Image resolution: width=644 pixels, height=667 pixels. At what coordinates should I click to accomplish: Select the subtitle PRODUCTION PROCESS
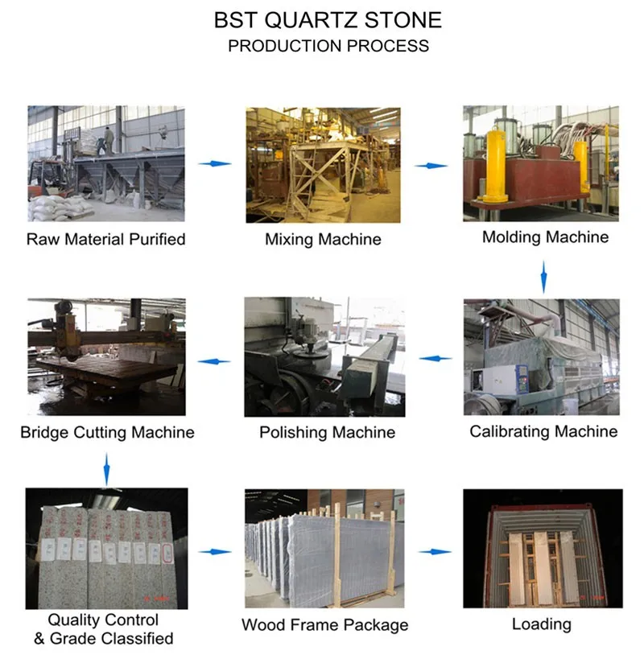pyautogui.click(x=328, y=45)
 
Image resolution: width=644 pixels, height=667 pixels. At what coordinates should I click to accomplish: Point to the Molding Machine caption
pyautogui.click(x=545, y=237)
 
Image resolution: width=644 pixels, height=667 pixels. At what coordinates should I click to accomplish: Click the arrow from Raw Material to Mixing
pyautogui.click(x=215, y=163)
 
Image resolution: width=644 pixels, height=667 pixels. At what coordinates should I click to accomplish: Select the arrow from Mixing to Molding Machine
pyautogui.click(x=431, y=165)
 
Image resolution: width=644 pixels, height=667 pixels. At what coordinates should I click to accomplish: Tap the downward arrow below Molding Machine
pyautogui.click(x=543, y=276)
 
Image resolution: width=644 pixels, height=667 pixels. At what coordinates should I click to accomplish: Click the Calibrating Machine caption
pyautogui.click(x=543, y=431)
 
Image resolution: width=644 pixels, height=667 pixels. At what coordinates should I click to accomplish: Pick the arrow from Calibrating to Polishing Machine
pyautogui.click(x=435, y=358)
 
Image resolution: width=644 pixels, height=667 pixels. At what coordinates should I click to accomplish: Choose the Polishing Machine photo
pyautogui.click(x=323, y=356)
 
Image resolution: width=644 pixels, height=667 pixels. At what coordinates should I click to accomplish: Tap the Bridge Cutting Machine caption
pyautogui.click(x=107, y=432)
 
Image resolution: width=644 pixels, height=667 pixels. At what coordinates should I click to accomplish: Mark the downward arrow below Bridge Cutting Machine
pyautogui.click(x=106, y=468)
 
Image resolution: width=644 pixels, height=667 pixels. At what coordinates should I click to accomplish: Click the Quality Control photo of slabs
pyautogui.click(x=107, y=549)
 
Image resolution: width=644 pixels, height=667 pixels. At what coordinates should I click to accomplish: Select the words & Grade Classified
pyautogui.click(x=103, y=638)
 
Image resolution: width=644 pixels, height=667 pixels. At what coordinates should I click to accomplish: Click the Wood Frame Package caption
pyautogui.click(x=324, y=624)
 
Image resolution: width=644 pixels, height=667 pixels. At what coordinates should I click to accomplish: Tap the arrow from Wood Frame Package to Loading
pyautogui.click(x=435, y=552)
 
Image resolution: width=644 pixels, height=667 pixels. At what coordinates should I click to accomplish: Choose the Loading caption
pyautogui.click(x=541, y=624)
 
